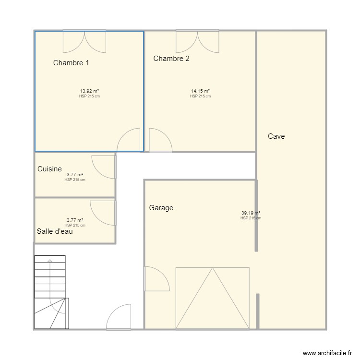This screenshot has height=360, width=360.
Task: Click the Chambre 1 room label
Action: coord(71,63)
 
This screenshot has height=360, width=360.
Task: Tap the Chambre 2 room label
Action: coord(171,59)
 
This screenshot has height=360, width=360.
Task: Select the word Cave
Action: coord(276,136)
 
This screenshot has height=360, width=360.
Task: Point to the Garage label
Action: coord(161,208)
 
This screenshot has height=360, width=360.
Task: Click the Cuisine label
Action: coord(49,169)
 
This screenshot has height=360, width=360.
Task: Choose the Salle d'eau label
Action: coord(55,231)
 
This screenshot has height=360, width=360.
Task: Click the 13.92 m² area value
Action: coord(89,91)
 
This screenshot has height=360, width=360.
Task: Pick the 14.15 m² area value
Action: coord(200,91)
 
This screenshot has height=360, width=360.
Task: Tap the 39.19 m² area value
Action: coord(251,213)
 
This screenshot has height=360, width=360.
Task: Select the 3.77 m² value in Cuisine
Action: coord(75,175)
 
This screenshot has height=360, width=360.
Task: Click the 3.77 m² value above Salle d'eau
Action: coord(75,220)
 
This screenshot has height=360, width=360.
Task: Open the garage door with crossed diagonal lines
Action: coord(212,298)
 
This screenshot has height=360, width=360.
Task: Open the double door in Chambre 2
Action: coord(197,41)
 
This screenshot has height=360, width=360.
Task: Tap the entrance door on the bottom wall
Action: coord(119,317)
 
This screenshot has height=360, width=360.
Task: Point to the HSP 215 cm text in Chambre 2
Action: coord(200,96)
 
